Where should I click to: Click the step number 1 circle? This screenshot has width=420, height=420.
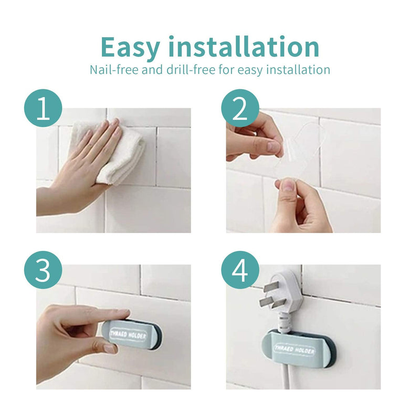(x=43, y=109)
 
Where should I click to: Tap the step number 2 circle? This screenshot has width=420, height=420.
(x=239, y=109)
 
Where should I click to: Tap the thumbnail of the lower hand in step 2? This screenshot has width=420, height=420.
(x=288, y=184)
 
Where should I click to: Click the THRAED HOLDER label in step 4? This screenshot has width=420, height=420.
(x=294, y=349)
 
